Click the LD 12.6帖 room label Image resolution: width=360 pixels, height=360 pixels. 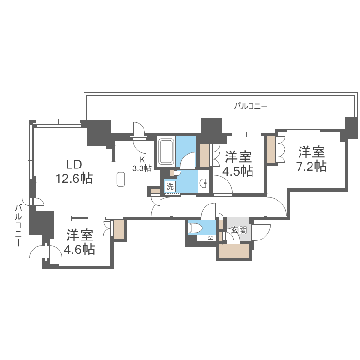click(73, 171)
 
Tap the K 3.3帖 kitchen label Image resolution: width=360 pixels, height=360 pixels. click(142, 164)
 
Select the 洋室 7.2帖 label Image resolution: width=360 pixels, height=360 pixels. click(312, 159)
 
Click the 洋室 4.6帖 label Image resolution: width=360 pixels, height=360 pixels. click(80, 242)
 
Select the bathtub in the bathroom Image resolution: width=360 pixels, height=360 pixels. click(167, 151)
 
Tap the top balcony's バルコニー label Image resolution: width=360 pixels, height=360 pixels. click(251, 106)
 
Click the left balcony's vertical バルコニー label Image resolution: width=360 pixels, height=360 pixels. click(18, 225)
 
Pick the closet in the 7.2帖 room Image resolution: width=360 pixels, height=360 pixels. click(272, 149)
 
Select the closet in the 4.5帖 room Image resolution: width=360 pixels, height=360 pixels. click(204, 155)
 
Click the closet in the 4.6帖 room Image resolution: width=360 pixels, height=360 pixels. click(119, 229)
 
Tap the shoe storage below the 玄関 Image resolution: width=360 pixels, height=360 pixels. click(234, 251)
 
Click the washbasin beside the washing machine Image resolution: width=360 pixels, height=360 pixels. click(204, 183)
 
